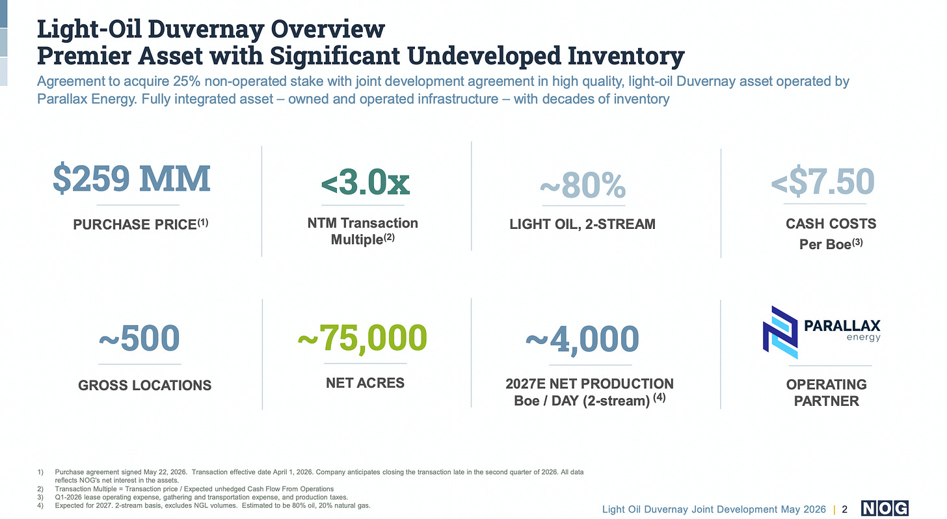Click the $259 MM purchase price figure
coord(131,178)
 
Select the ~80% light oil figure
coord(583,185)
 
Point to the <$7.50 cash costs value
coord(823,181)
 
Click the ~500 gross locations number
coord(139,338)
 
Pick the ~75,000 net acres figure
coord(363,338)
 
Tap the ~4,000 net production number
coord(582,339)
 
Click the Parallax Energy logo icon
coord(780,332)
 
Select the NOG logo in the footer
coord(885,508)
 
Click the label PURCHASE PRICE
coord(135,224)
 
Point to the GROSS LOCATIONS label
coord(144,386)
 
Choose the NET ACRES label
coord(366,383)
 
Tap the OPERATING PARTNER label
coord(827,393)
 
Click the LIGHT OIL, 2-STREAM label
coord(583,224)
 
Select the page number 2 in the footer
coord(845,509)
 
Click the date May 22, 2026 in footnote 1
coord(165,472)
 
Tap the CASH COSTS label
coord(831,224)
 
